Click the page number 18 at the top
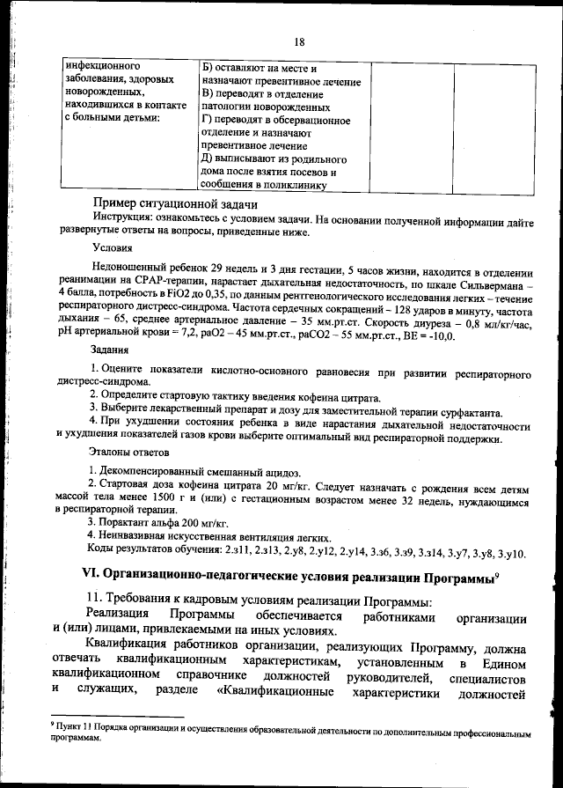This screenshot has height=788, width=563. point(298,41)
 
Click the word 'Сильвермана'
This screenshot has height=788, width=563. point(486,289)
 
